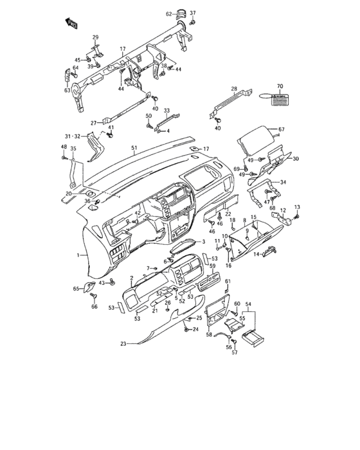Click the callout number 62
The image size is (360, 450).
(x=168, y=14)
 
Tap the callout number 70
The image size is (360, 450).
(x=280, y=85)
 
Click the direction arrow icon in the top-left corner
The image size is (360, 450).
(x=71, y=24)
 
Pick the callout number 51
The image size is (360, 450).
(x=134, y=148)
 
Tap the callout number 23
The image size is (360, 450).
(x=122, y=343)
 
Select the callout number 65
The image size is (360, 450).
(x=76, y=289)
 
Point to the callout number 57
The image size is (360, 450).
(x=235, y=352)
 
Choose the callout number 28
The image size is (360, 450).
(x=234, y=89)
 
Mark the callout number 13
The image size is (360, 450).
(x=297, y=206)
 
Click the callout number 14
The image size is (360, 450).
(x=255, y=255)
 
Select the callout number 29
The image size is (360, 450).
(x=95, y=37)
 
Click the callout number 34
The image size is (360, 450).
(x=283, y=183)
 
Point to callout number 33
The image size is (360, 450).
(x=166, y=111)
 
